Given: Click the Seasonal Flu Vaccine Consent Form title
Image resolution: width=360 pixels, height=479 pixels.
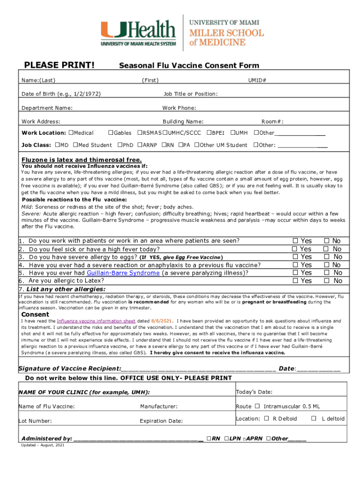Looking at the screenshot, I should [x=189, y=66].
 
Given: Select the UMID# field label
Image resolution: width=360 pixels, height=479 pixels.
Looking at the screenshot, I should [x=257, y=80].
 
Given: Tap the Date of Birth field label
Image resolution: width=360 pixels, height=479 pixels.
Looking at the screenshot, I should [x=61, y=94].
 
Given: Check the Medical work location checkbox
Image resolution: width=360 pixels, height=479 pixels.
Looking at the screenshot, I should [x=71, y=133].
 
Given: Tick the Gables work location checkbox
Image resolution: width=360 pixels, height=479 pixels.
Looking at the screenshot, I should [x=111, y=133].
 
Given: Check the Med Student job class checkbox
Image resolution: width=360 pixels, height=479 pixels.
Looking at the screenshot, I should [x=74, y=145].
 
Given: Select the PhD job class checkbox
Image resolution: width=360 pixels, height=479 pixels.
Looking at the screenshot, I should [x=120, y=145].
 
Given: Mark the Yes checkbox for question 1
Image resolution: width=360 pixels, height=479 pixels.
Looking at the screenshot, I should [x=295, y=241].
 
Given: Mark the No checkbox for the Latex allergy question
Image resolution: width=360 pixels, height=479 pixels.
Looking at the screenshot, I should [x=326, y=281].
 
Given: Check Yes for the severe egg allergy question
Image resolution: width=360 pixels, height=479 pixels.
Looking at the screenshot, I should [x=295, y=257].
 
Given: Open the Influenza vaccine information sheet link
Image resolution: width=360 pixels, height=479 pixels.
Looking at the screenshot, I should [x=96, y=321].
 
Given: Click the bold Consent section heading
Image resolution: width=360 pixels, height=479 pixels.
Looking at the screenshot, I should [x=35, y=315].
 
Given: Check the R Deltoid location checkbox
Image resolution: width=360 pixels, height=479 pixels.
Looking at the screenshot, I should [x=266, y=419].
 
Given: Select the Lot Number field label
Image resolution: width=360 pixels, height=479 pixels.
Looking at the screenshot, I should [x=35, y=421].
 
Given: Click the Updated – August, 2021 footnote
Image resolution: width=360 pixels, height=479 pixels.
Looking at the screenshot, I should [x=43, y=445].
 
